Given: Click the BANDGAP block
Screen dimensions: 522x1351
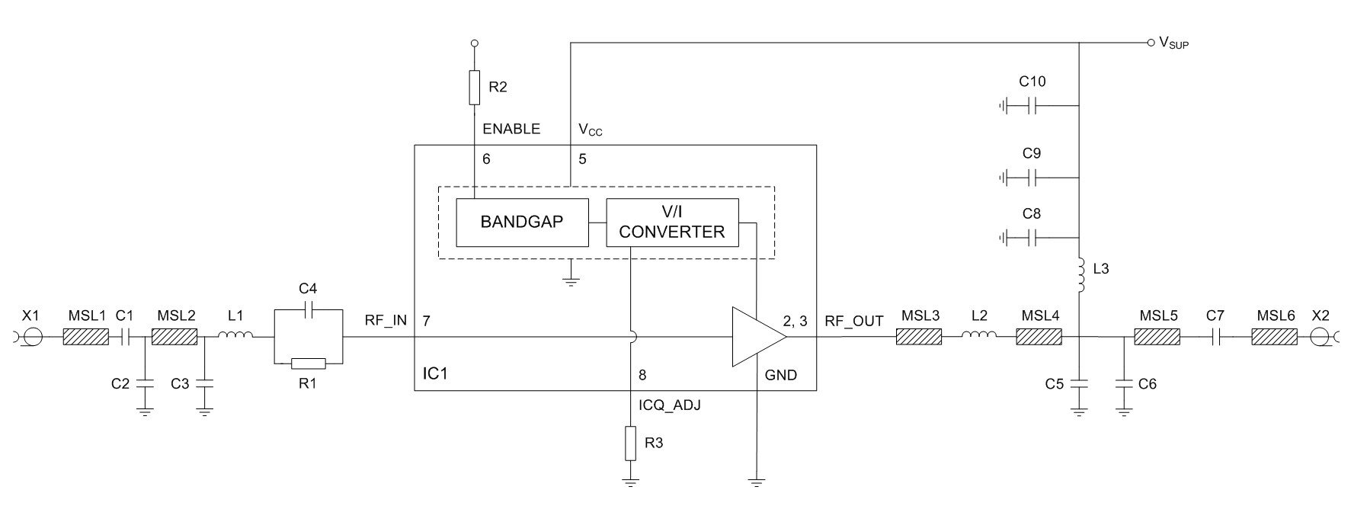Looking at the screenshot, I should [522, 223].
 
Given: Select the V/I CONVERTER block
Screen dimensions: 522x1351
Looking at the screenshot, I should [672, 223].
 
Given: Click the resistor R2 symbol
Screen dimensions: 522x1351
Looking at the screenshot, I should [474, 87].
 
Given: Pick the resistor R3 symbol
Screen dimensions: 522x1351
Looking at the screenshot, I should [629, 444].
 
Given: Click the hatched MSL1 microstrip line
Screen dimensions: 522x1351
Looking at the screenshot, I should [85, 337].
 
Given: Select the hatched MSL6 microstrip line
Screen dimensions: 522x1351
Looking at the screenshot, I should [1274, 337].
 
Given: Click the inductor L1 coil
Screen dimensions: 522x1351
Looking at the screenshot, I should [236, 337].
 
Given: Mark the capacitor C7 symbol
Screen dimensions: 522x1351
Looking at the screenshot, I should [1215, 337].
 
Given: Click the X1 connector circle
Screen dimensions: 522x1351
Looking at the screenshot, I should [32, 337].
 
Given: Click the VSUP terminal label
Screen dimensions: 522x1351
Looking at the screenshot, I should [1173, 43].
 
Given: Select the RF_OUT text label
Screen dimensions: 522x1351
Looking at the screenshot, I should [854, 321].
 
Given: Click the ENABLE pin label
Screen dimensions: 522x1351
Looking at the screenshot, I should [511, 129].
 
